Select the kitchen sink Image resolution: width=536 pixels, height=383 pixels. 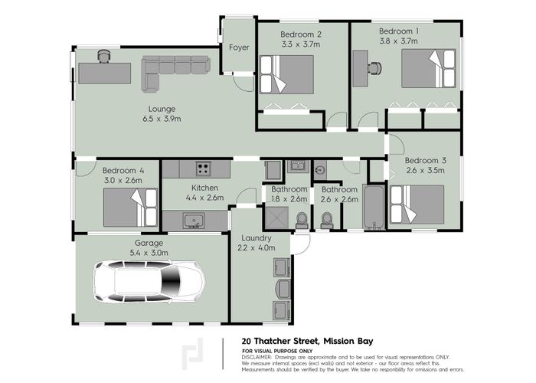194,221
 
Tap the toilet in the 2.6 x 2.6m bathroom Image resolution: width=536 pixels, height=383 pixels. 328,221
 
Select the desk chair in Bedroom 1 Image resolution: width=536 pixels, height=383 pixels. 374,67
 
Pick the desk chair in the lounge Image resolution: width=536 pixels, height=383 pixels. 104,56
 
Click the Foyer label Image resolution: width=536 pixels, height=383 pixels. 239,47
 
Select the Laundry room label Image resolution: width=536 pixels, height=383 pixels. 252,237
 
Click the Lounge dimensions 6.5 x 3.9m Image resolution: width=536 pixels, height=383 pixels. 163,119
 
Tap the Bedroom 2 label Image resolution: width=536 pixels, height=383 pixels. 300,34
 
